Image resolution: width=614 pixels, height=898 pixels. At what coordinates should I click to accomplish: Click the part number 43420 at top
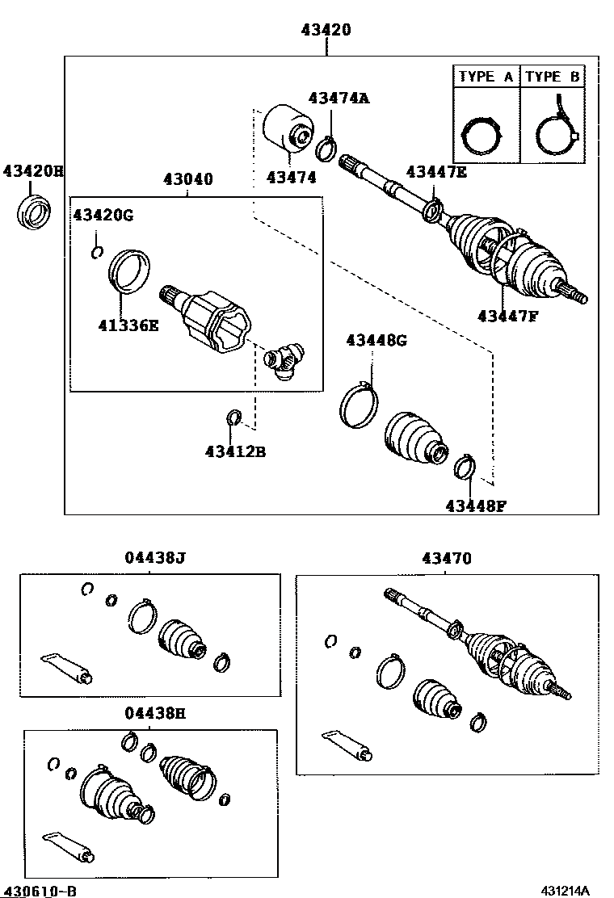(326, 31)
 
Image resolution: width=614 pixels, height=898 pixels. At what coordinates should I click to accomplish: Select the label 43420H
(32, 171)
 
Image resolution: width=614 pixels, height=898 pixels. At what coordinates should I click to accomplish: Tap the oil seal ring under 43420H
(33, 212)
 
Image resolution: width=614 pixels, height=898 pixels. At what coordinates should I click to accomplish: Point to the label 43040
(187, 179)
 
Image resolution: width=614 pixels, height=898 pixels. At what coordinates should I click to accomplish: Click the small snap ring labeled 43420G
(97, 252)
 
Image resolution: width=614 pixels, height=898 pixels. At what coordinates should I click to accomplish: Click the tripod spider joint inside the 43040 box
(284, 358)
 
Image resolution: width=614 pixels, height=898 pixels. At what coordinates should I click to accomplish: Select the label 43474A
(339, 99)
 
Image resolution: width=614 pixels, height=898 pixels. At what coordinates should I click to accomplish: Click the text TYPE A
(486, 78)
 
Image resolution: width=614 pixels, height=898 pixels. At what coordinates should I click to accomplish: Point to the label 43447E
(436, 171)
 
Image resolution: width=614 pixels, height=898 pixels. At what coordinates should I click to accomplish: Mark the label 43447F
(507, 316)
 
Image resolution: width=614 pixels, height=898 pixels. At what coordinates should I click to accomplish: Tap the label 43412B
(235, 451)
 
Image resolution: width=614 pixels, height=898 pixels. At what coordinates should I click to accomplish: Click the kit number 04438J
(155, 558)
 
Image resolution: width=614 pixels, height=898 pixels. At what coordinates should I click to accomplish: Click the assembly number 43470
(446, 558)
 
